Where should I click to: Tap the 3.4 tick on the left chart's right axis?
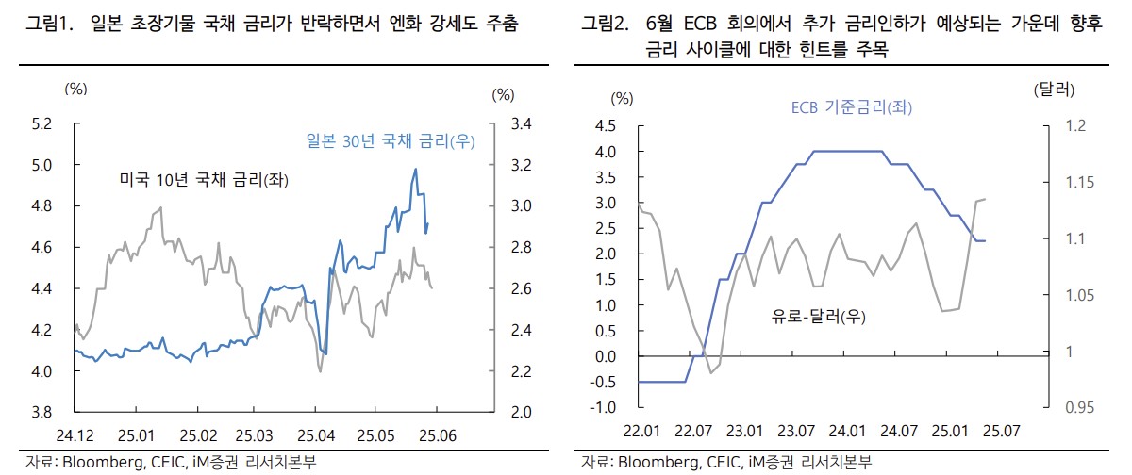tap(521, 123)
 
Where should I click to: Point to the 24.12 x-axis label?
tap(75, 435)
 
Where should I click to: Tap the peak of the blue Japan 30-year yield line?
tap(416, 170)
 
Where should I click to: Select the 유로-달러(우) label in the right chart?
tap(818, 317)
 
